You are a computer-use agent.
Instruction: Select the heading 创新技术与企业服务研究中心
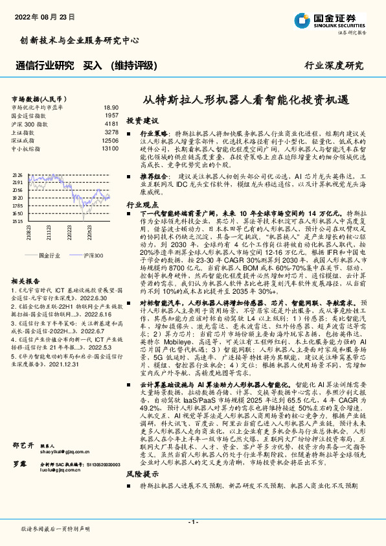80,40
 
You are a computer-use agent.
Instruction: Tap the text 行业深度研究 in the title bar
334,66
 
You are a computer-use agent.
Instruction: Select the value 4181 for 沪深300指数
111,123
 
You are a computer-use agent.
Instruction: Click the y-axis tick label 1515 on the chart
17,221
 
